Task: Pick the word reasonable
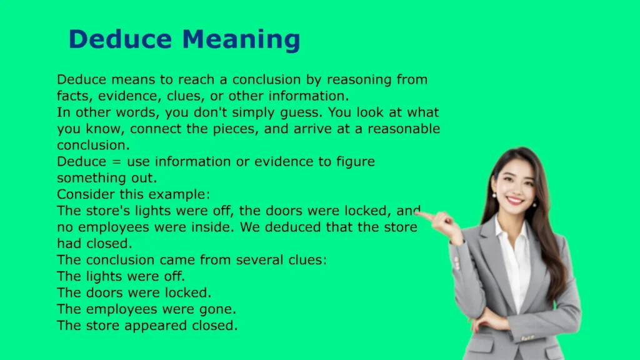point(404,129)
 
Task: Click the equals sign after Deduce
point(117,162)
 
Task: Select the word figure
point(356,162)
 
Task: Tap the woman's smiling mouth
point(515,201)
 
